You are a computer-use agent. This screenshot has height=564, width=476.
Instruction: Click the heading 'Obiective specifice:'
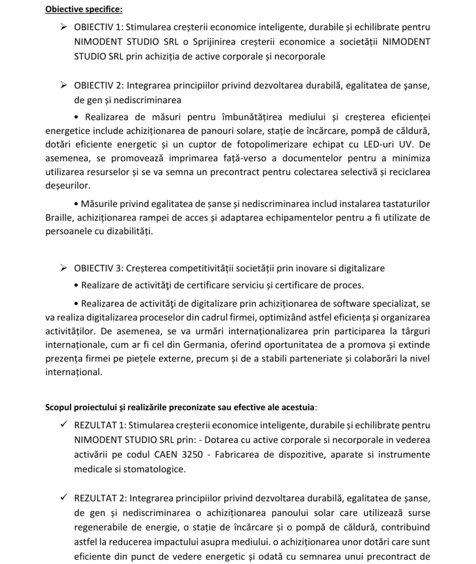pos(84,9)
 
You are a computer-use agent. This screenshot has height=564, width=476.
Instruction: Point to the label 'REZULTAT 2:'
pos(100,498)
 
